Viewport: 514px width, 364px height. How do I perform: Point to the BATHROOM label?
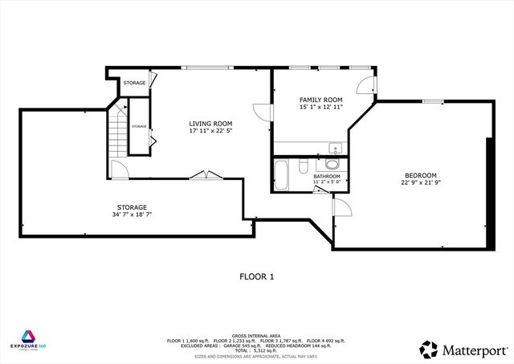[x=326, y=176]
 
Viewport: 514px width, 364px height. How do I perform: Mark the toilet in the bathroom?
[x=303, y=166]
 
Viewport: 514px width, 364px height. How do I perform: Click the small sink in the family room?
[x=334, y=148]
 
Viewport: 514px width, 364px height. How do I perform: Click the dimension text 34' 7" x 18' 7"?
[x=132, y=215]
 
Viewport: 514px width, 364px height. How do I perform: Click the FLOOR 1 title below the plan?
[x=256, y=276]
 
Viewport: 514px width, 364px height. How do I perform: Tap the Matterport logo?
[x=462, y=349]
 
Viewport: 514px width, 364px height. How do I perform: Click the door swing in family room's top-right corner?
[x=365, y=84]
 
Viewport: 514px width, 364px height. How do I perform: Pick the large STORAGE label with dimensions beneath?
[x=132, y=207]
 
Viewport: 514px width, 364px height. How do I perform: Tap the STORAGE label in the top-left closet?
[x=134, y=83]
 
